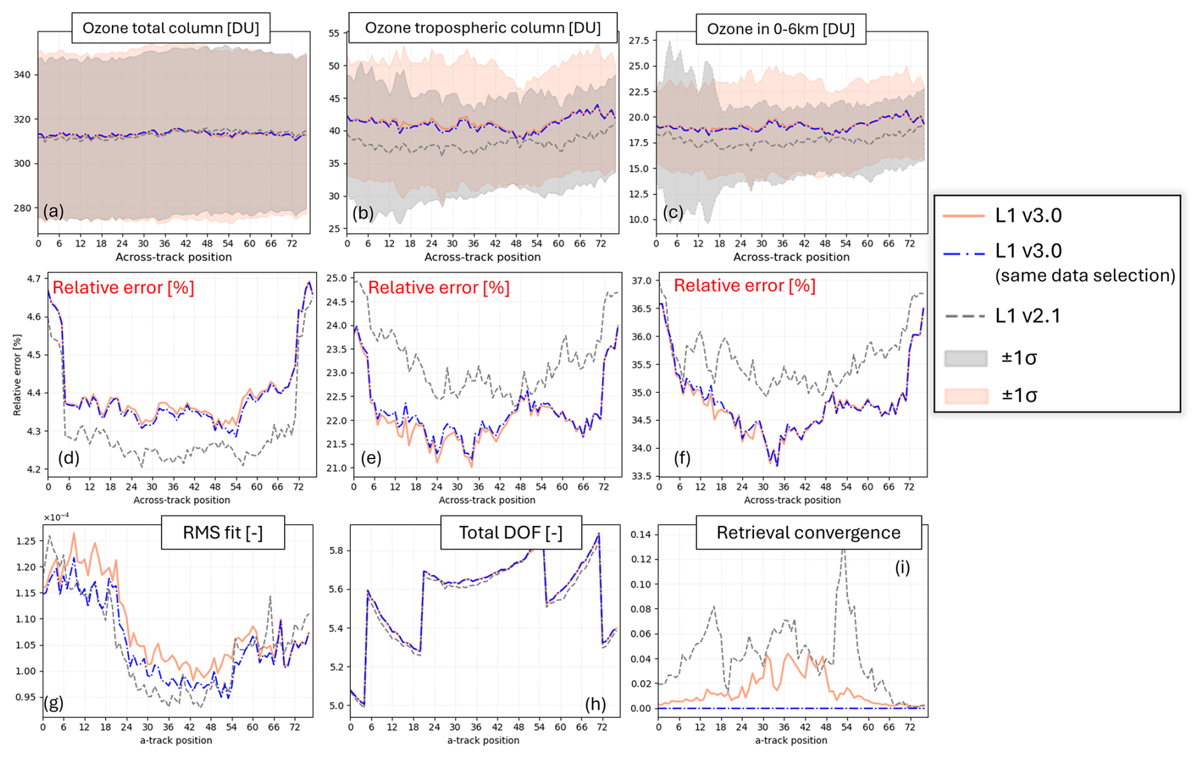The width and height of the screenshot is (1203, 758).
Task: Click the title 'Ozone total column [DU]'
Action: pos(170,29)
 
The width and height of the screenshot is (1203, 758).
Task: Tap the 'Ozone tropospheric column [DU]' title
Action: pos(483,28)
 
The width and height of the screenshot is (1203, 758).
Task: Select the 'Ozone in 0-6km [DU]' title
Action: pos(781,29)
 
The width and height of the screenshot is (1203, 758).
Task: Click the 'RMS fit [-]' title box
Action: pos(223,532)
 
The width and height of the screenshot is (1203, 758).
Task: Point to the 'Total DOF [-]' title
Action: pos(511,532)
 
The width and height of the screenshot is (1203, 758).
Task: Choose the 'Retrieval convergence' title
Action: pos(808,532)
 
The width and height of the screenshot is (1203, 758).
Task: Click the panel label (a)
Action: pos(53,210)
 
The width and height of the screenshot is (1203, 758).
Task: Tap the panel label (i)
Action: pos(902,567)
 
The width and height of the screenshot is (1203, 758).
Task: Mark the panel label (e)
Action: pos(371,458)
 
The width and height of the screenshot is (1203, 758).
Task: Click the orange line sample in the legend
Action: pos(963,216)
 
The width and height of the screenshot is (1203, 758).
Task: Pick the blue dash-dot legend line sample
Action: pos(963,252)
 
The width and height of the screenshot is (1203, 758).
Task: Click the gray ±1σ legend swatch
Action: pos(966,359)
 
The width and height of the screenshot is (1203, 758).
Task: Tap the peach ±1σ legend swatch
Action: pos(966,396)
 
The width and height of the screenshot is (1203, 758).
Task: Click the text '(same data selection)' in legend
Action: pos(1085,275)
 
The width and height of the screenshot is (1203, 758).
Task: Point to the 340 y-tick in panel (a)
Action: pos(22,74)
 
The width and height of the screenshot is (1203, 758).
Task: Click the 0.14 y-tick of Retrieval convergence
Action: pos(642,534)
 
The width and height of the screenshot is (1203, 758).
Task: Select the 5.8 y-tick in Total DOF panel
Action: pos(335,551)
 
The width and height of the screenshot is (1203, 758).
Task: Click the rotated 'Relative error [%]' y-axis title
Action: pos(17,375)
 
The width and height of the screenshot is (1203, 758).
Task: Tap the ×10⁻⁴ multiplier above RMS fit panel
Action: pos(56,517)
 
